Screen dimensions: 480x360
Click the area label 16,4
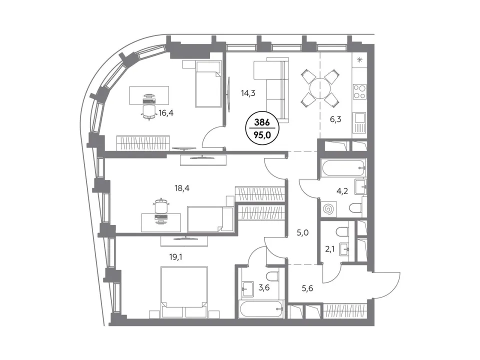coord(166,113)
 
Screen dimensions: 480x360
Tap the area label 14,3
coord(248,93)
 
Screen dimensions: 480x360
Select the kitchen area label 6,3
coord(335,119)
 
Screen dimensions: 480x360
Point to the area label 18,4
coord(182,188)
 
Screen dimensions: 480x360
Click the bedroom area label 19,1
coord(175,257)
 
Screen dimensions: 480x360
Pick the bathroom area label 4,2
coord(342,192)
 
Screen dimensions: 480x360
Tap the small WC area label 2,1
coord(329,249)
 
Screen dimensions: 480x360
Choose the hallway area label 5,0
coord(302,232)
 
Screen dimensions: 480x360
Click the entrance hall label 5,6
coord(307,288)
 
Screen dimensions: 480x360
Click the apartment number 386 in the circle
coord(262,123)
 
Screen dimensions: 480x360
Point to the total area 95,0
coord(262,134)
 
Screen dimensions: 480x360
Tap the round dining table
coord(320,88)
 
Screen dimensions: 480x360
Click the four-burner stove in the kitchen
coord(359,91)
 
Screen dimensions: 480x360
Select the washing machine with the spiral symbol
coord(328,209)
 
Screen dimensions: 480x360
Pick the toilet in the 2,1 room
coord(341,231)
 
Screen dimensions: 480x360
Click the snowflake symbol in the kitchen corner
coord(359,60)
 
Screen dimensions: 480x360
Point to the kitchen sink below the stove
coord(359,122)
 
